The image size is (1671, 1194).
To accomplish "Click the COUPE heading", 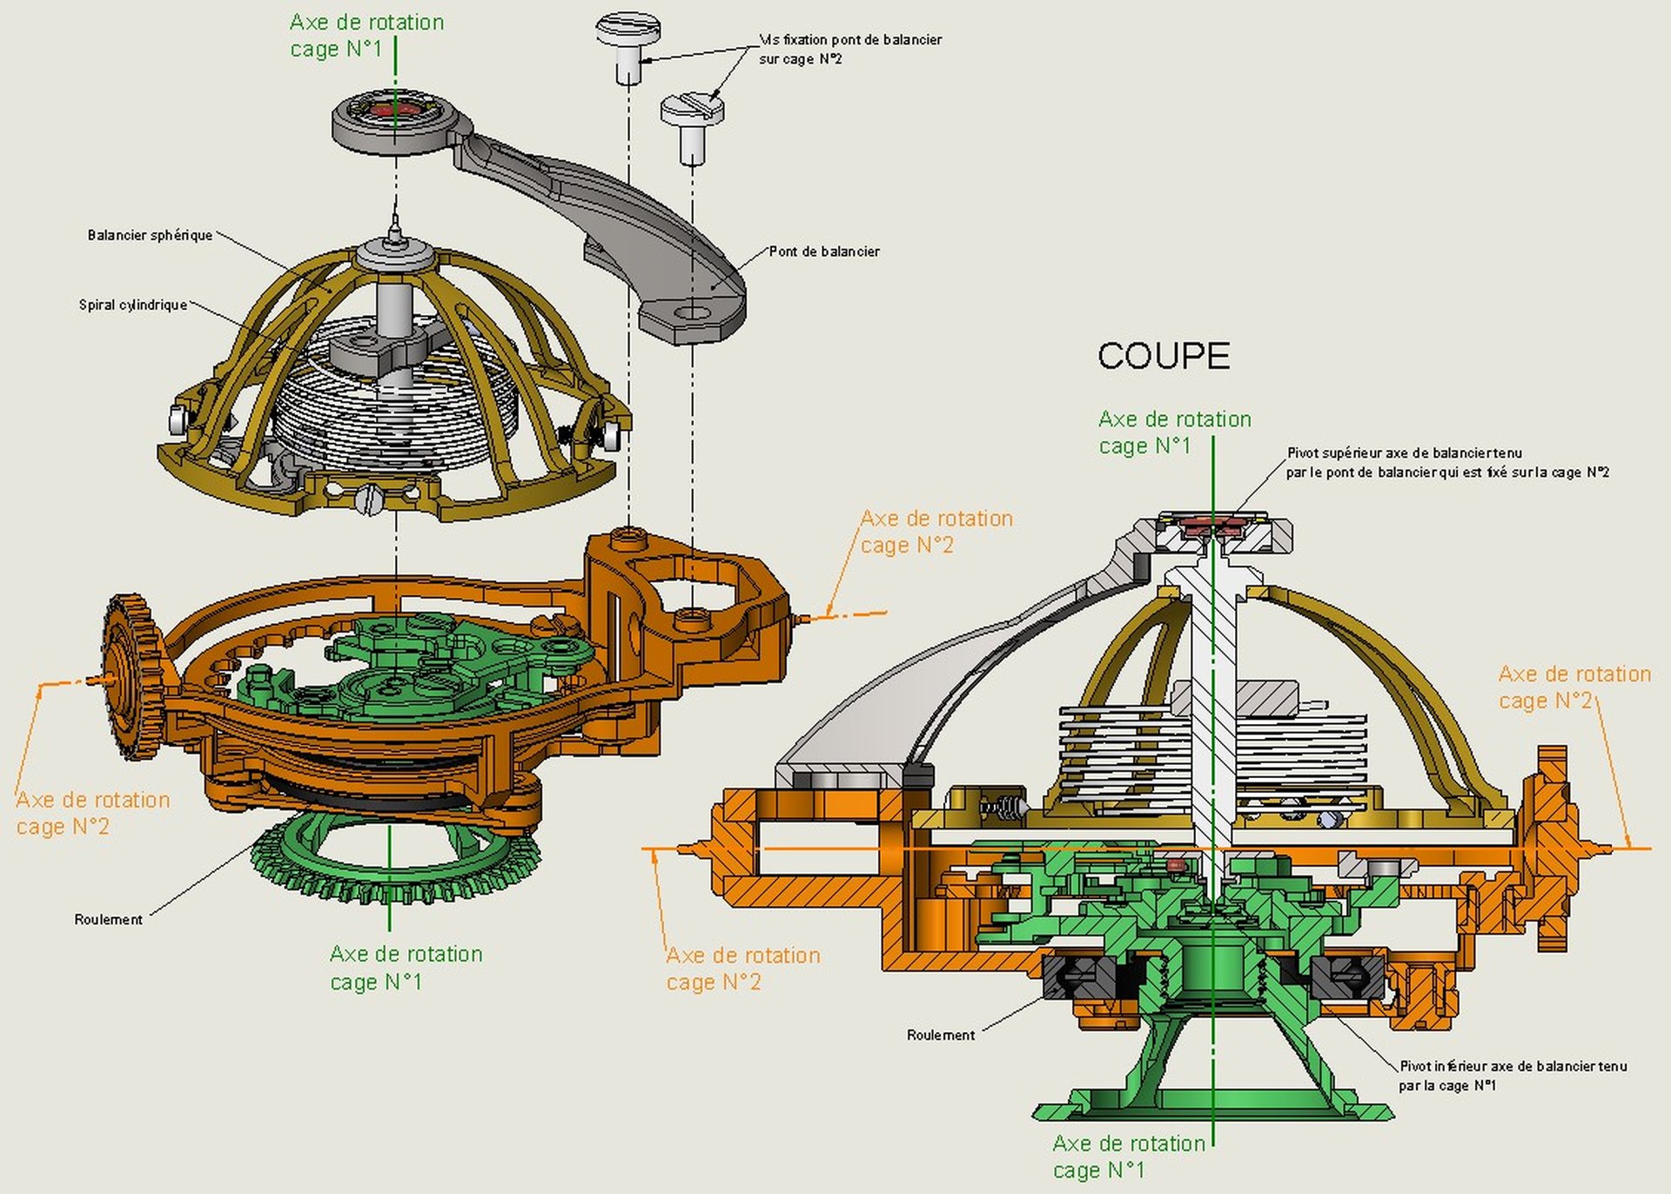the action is click(x=1164, y=356).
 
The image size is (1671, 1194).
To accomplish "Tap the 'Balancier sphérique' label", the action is click(x=150, y=235).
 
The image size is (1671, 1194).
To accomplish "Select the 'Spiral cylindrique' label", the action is click(x=133, y=305).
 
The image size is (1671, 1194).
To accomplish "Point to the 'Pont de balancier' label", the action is click(x=824, y=252).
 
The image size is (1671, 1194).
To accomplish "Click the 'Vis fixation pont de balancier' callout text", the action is click(x=850, y=49).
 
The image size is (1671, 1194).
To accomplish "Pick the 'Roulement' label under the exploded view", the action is click(x=108, y=919).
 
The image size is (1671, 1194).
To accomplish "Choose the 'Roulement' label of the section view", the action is click(x=941, y=1035).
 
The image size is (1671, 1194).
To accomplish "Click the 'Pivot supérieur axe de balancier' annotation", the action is click(x=1447, y=462).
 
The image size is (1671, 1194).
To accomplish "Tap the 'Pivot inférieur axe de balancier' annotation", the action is click(x=1513, y=1076).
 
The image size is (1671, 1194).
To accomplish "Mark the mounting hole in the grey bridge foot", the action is click(x=693, y=312).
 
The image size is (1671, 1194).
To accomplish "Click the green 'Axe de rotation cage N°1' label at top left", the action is click(x=366, y=36).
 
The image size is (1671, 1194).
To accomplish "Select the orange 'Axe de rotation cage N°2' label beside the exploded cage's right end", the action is click(x=936, y=532).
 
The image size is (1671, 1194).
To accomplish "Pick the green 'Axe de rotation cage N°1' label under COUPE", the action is click(x=1174, y=433).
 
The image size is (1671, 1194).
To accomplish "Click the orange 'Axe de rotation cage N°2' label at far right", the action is click(x=1574, y=688).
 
